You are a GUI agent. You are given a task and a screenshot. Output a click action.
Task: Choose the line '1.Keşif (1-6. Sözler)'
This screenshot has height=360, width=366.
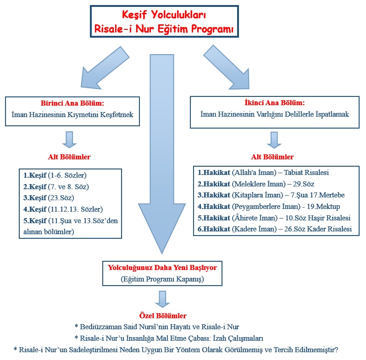[55, 175]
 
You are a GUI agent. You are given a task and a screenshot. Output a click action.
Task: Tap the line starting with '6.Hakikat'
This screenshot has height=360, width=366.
[275, 229]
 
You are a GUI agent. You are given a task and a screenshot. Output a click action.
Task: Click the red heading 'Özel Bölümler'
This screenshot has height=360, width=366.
[163, 316]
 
